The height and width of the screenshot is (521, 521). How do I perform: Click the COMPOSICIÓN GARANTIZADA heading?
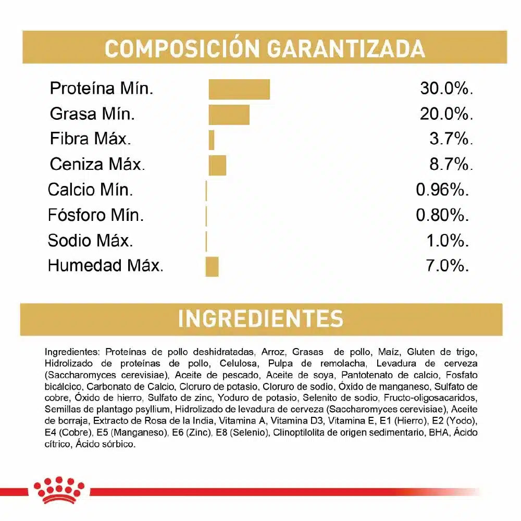click(265, 48)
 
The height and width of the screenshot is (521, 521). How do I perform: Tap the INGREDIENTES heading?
click(260, 319)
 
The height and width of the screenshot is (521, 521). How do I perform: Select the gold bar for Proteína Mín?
click(239, 89)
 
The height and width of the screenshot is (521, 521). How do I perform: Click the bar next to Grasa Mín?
click(229, 114)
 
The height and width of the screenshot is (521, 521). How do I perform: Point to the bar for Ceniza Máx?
click(217, 165)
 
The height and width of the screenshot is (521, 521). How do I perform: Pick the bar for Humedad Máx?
click(212, 266)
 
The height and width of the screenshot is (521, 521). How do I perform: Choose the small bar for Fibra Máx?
click(212, 140)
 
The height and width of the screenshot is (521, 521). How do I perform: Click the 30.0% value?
click(446, 89)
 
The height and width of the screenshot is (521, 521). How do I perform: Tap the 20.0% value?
click(446, 114)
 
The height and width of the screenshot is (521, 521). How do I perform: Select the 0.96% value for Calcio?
click(442, 190)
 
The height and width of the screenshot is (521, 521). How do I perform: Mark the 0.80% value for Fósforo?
click(442, 215)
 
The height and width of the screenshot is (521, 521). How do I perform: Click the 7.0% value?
click(447, 266)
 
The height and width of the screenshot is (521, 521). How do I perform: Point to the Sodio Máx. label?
click(90, 241)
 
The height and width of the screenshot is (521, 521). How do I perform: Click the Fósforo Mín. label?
click(96, 215)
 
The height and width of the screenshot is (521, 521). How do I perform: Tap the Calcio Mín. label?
click(91, 190)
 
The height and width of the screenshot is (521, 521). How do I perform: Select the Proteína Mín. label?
click(102, 89)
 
